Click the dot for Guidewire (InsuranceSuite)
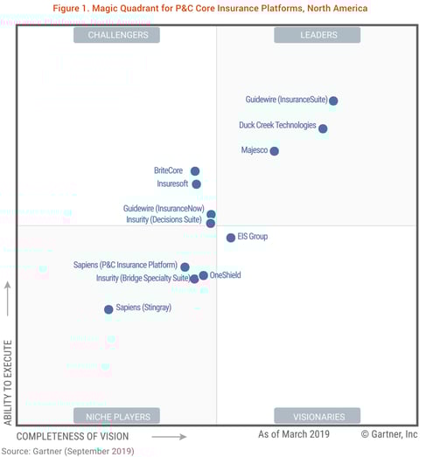tap(333, 101)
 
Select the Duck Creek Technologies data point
tap(323, 128)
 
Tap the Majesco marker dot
tap(275, 151)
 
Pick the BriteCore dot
tap(195, 171)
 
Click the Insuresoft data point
tap(196, 184)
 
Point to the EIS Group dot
tap(231, 238)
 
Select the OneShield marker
tap(204, 275)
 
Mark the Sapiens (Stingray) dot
tap(108, 309)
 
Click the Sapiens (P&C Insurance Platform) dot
tap(185, 267)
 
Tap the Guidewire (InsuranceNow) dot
tap(211, 214)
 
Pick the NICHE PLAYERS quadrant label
tap(117, 417)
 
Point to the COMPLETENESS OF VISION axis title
tap(73, 436)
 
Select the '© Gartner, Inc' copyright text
tap(389, 434)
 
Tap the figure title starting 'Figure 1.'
tap(210, 8)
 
